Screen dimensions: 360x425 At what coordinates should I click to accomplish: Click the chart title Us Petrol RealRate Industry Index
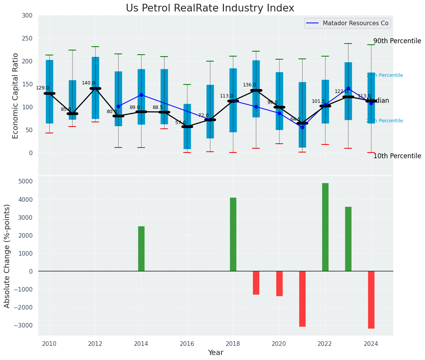click(210, 8)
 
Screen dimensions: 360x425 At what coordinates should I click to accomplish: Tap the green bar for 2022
click(325, 227)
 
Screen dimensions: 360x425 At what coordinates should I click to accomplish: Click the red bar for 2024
click(371, 300)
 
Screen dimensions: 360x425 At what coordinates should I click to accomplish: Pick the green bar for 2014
click(141, 249)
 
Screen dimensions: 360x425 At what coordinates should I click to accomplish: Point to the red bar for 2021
click(302, 299)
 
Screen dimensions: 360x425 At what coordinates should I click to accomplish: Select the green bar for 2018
click(233, 234)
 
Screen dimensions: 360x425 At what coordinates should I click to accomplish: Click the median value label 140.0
click(88, 83)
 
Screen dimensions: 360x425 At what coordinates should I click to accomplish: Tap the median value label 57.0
click(181, 123)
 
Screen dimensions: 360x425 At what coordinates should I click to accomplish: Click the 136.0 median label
click(249, 85)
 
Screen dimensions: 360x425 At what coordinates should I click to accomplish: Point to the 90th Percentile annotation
click(397, 41)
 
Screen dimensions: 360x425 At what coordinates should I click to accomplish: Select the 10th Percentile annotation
click(397, 156)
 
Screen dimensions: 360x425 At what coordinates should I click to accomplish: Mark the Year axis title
click(215, 353)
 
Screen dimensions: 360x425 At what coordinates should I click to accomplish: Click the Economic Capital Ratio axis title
click(16, 96)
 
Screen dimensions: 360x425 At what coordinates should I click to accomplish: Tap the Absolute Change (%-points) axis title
click(7, 256)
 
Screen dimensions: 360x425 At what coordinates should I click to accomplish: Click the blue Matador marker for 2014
click(141, 95)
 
